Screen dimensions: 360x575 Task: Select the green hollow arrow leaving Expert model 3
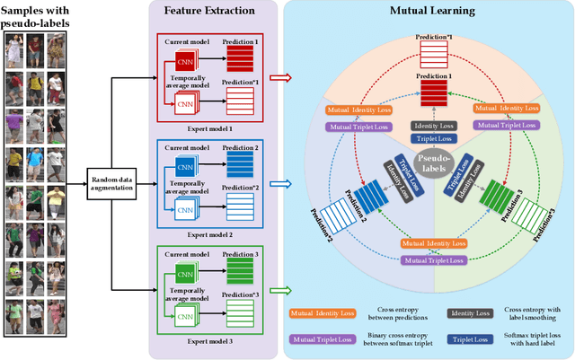pyautogui.click(x=281, y=291)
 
